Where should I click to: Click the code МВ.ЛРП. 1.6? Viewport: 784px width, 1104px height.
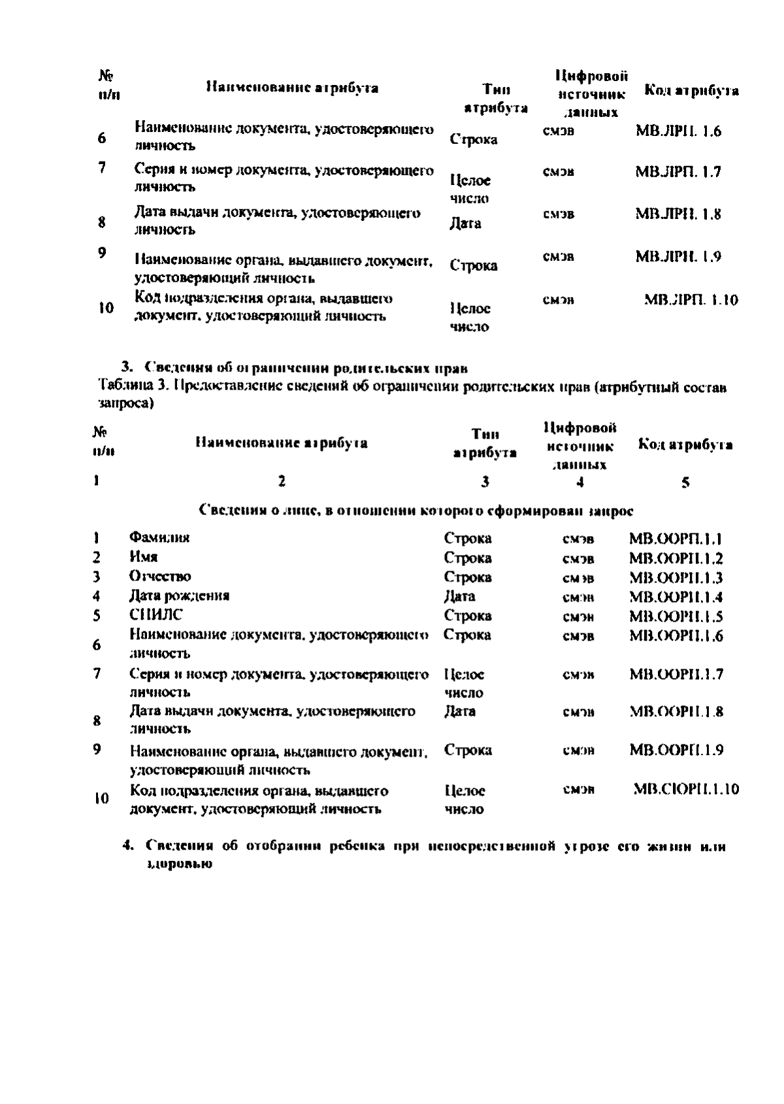click(678, 131)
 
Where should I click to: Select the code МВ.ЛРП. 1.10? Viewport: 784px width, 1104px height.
click(691, 300)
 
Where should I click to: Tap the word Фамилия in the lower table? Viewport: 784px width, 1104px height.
click(159, 538)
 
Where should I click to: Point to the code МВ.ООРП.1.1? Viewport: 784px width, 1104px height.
click(676, 539)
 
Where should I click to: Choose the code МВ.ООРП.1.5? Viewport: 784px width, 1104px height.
click(676, 616)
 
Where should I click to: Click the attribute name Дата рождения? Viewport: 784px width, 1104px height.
click(179, 595)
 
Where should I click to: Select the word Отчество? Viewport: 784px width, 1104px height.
click(160, 577)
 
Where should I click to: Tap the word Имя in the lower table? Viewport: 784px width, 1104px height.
click(143, 557)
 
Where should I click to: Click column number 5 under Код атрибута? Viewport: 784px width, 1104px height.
click(685, 483)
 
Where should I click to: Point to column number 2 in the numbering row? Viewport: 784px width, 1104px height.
click(281, 482)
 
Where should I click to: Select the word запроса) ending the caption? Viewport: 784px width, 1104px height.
click(127, 404)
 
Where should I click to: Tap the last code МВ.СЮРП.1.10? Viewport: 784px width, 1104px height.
click(686, 790)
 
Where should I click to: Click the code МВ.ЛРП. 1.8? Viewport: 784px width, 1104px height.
click(678, 214)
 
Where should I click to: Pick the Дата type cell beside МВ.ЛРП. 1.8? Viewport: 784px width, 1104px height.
click(465, 224)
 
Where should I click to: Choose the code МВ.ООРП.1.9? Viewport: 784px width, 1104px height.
click(676, 750)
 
